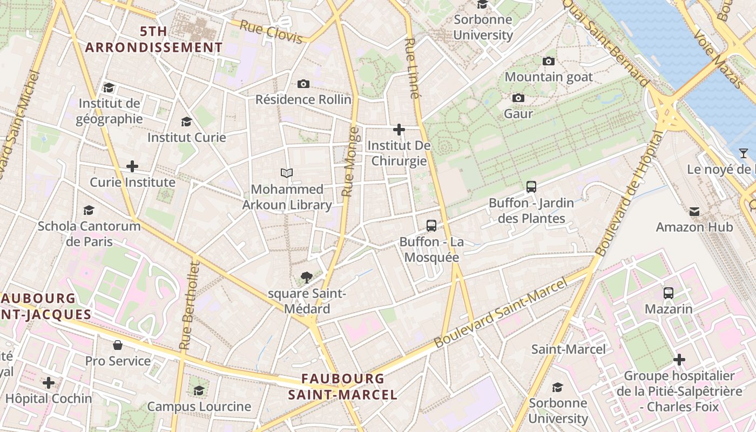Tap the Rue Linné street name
(411, 68)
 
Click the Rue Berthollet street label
(189, 305)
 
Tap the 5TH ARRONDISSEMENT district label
(153, 39)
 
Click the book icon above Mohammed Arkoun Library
(287, 173)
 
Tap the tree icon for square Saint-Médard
(307, 278)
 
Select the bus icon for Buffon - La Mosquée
(431, 226)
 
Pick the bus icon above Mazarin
(669, 293)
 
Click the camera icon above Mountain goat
(549, 61)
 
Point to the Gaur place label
(518, 114)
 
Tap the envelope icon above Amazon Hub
(694, 211)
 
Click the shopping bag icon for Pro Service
(118, 345)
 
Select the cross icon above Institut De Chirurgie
(399, 130)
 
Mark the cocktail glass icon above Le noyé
(744, 153)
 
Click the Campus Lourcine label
(199, 406)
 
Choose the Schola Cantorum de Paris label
(89, 233)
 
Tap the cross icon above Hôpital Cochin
(49, 383)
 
